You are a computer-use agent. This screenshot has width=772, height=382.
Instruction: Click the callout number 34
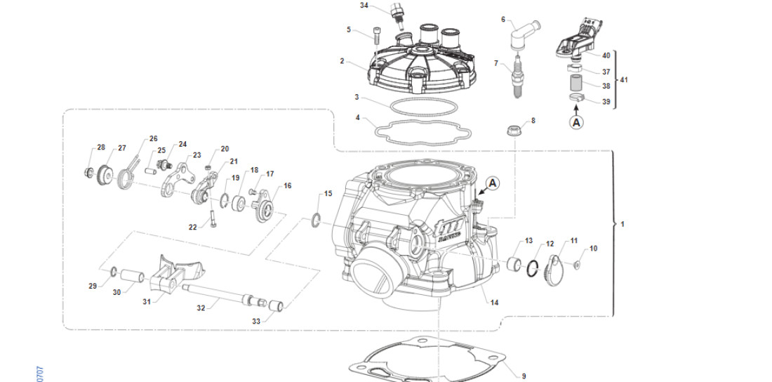click(x=364, y=6)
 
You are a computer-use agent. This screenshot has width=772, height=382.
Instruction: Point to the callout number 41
click(x=624, y=80)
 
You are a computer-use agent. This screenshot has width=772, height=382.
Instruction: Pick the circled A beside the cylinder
click(x=492, y=183)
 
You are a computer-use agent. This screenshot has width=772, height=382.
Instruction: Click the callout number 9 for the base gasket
click(x=523, y=376)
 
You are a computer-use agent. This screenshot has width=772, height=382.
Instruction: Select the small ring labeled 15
click(x=317, y=220)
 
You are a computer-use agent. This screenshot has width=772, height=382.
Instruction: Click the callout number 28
click(x=101, y=147)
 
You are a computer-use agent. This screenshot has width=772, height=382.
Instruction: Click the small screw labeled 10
click(x=577, y=265)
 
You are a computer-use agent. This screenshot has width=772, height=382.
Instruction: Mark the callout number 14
click(x=494, y=303)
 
